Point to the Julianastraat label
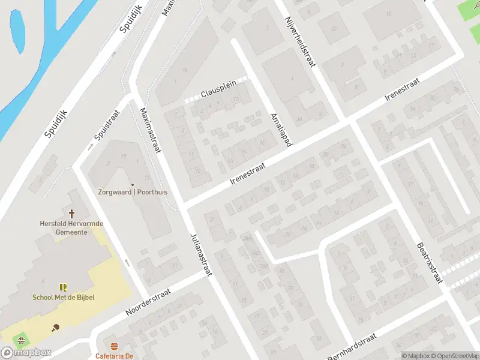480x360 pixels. (x=201, y=255)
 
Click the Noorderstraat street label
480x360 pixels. (x=148, y=302)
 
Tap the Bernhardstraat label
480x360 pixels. (x=352, y=347)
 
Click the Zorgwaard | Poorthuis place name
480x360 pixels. (x=133, y=193)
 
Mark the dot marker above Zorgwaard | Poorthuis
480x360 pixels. (x=133, y=184)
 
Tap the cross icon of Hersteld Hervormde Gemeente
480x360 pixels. (x=72, y=213)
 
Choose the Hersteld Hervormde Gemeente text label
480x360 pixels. (x=71, y=227)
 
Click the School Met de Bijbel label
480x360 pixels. (x=64, y=297)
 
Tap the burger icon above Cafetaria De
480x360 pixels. (x=114, y=346)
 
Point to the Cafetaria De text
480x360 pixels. (x=113, y=356)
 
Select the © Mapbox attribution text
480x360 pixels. (x=417, y=356)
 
